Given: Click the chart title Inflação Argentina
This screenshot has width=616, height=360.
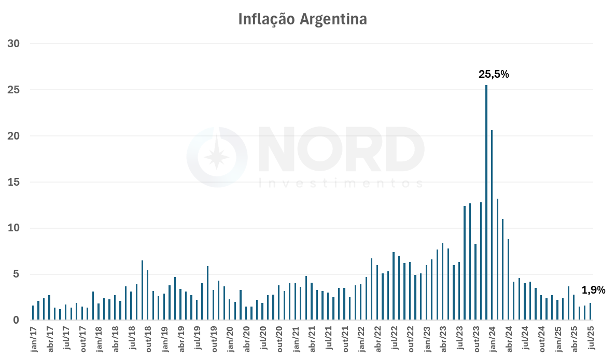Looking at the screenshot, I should tap(302, 19).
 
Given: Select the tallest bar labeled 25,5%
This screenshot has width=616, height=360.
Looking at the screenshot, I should tap(486, 202).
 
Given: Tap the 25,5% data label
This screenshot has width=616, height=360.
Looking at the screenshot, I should tap(494, 74).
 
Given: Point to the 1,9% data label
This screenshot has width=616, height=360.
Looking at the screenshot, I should tap(593, 290).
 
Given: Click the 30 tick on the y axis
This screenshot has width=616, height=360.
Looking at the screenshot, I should tap(13, 44).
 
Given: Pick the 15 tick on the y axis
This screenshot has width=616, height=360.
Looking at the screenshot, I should tap(13, 182).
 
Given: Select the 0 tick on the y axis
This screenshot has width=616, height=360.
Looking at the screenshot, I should tap(17, 321).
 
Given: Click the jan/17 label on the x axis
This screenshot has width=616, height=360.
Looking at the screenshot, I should tap(34, 340).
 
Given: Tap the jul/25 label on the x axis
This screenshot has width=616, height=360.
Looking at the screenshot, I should tap(591, 340).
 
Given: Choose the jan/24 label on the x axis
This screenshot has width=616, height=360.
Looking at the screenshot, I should tap(492, 340).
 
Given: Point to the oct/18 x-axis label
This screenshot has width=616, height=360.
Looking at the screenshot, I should tap(148, 340).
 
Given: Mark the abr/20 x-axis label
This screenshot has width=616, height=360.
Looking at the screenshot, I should tap(246, 340).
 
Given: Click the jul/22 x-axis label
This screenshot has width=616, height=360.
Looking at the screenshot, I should tap(394, 340).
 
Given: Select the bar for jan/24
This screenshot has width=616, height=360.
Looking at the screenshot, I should tap(492, 225).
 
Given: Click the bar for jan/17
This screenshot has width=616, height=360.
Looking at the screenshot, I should tap(33, 313).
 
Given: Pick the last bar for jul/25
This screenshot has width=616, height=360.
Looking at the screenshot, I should tap(590, 312).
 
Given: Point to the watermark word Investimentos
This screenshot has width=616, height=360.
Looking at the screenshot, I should tap(340, 184).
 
